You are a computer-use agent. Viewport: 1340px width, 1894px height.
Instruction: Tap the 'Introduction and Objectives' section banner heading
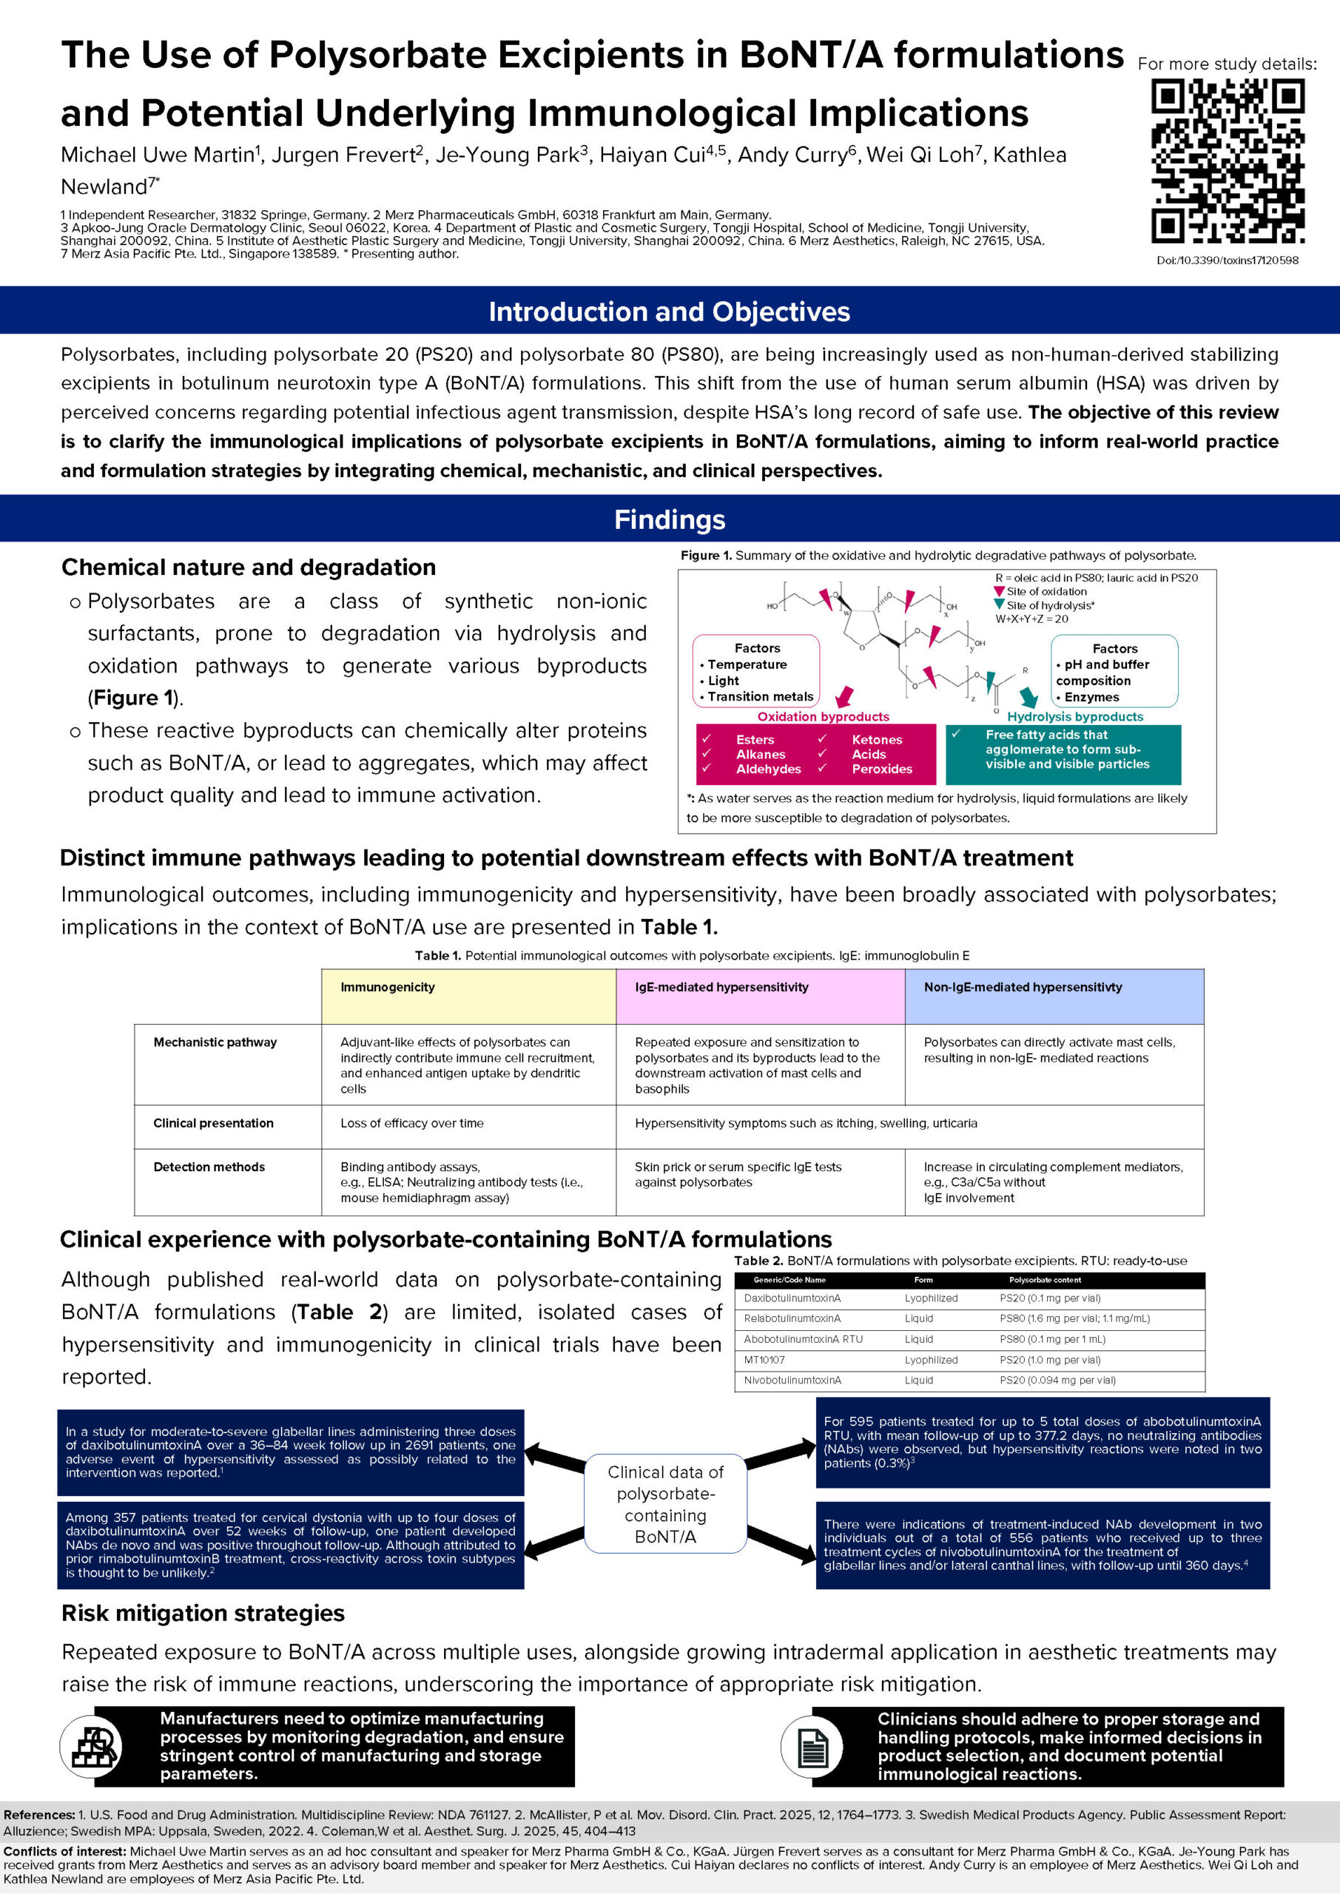pos(669,311)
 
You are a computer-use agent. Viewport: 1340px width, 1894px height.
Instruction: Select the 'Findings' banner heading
pos(669,519)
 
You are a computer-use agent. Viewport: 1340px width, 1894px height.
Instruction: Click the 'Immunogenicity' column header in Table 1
pos(387,987)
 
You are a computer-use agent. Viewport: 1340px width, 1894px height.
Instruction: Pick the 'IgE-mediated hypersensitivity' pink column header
pos(721,987)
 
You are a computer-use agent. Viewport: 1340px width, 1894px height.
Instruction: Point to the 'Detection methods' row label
pos(209,1167)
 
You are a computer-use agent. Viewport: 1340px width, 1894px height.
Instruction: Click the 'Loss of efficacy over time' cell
pos(411,1122)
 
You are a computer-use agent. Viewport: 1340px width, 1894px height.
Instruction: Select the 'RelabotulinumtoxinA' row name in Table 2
pos(792,1318)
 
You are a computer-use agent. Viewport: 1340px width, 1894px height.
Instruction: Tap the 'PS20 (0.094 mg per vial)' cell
pos(1057,1380)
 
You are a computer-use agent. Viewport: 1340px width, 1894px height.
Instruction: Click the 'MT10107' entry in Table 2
pos(764,1359)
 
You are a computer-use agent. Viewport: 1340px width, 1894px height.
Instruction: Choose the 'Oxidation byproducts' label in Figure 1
pos(823,716)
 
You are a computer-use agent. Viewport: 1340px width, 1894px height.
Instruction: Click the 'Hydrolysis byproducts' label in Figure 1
pos(1074,716)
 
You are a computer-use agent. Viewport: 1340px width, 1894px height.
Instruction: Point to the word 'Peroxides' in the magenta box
pos(881,769)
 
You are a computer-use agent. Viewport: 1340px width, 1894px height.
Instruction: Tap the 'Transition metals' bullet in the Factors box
pos(760,696)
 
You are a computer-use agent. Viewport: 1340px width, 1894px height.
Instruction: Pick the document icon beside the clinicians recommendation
pos(811,1745)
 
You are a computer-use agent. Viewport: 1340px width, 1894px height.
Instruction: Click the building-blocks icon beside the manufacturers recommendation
pos(91,1745)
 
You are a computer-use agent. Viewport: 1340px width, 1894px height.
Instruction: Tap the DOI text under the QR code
pos(1227,260)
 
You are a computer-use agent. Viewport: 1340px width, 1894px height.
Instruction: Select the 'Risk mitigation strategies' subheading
pos(203,1613)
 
